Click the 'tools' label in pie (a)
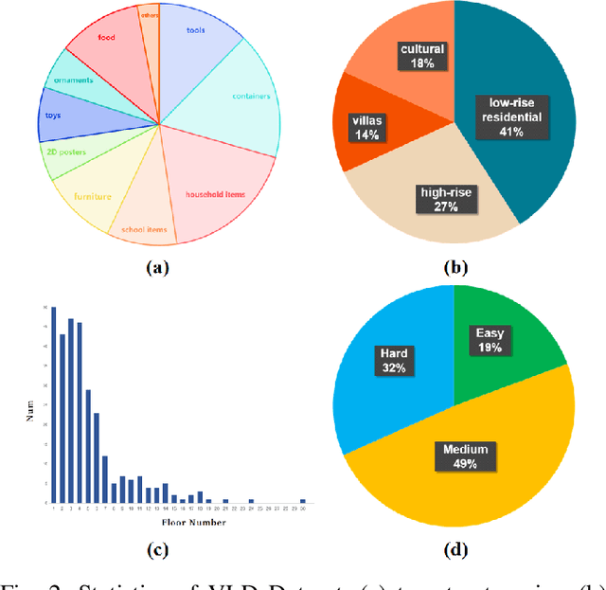click(x=196, y=28)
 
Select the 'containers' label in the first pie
click(x=251, y=96)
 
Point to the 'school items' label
click(x=141, y=229)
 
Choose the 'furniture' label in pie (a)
click(x=93, y=197)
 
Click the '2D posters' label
click(x=65, y=152)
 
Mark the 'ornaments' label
click(x=72, y=80)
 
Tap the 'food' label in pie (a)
click(x=106, y=39)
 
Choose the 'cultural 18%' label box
click(x=421, y=56)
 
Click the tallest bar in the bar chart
click(x=53, y=404)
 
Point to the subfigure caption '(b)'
click(x=455, y=268)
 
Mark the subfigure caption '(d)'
click(x=455, y=549)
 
